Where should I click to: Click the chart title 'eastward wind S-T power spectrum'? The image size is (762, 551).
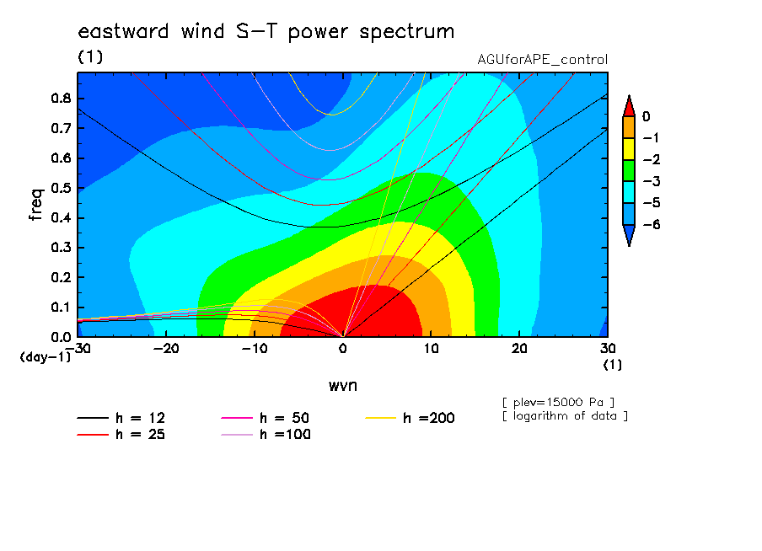click(x=266, y=32)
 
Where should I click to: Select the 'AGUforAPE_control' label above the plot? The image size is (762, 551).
click(x=542, y=60)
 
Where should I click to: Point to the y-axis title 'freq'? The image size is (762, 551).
click(x=36, y=205)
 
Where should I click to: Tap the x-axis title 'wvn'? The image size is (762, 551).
click(x=343, y=386)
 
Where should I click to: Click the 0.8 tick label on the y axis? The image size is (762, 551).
click(x=61, y=98)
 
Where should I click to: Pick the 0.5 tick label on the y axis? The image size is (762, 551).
click(x=61, y=188)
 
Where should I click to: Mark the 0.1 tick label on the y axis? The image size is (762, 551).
click(x=61, y=308)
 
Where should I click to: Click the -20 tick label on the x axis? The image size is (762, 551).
click(x=166, y=349)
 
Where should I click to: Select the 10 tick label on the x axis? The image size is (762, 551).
click(x=431, y=349)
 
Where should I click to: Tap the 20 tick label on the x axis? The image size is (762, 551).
click(x=519, y=349)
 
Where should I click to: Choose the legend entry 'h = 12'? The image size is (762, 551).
click(x=121, y=418)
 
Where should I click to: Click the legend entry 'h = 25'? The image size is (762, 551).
click(x=121, y=434)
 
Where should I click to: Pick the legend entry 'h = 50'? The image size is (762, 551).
click(x=266, y=418)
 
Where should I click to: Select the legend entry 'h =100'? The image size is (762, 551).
click(x=266, y=434)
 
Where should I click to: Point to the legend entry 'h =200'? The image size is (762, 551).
click(x=411, y=418)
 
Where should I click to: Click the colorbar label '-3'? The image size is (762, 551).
click(x=652, y=182)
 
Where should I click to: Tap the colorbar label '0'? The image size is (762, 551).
click(x=647, y=116)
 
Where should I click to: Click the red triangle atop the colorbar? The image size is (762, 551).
click(x=629, y=106)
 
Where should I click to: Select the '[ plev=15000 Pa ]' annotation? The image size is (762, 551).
click(x=558, y=403)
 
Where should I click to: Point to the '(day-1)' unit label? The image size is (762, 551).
click(x=46, y=357)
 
